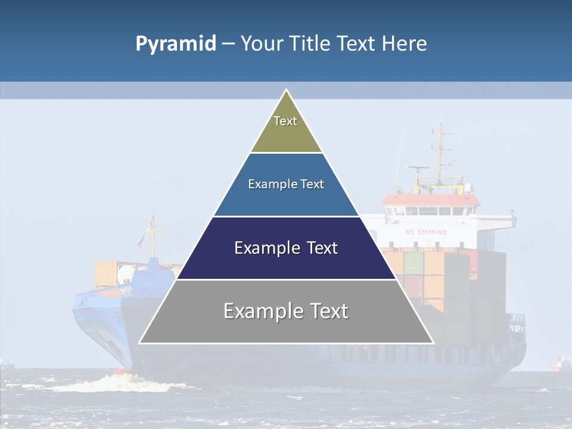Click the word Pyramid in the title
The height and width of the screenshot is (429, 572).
pos(176,44)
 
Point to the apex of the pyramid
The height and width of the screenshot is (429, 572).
pos(286,91)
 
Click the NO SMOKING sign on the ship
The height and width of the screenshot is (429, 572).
pos(425,232)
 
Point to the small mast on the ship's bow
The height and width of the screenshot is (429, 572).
pos(154,235)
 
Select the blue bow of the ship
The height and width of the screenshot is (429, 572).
pos(98,310)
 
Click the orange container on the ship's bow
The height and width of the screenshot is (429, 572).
pos(107,273)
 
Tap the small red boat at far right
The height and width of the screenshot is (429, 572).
pos(561,363)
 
